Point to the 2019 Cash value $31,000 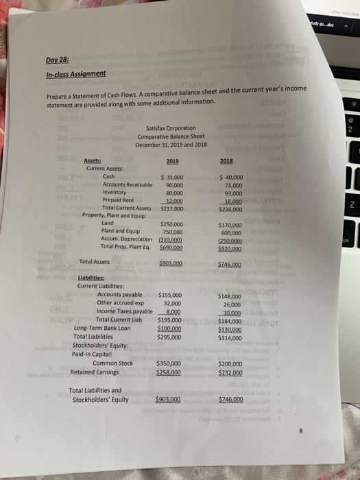click(x=170, y=177)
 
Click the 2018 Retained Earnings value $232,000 click(x=230, y=372)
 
